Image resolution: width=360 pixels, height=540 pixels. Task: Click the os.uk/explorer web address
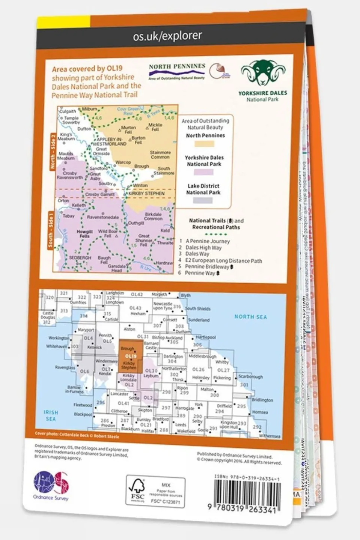point(167,36)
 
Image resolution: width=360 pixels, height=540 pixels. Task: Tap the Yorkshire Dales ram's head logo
point(263,73)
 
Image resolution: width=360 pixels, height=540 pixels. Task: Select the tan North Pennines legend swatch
point(204,144)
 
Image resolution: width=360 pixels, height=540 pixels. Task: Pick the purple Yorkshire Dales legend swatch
point(204,172)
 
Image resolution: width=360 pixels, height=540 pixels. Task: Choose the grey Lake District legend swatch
point(203,200)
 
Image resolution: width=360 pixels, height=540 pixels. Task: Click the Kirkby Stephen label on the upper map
point(146,193)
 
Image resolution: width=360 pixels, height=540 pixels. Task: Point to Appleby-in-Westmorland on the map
point(109,141)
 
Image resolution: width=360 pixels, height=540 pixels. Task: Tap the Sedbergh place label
point(80,258)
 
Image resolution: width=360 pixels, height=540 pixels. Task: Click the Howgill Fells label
point(84,234)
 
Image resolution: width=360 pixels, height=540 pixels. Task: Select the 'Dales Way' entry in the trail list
point(197,254)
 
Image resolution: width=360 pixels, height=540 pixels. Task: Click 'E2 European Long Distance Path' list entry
point(223,260)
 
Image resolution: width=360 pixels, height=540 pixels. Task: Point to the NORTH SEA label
point(250,317)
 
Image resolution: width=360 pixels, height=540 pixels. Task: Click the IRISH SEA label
point(50,415)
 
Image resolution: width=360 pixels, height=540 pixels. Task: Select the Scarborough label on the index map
point(250,376)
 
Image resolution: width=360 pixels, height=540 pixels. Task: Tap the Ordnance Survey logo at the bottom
point(51,486)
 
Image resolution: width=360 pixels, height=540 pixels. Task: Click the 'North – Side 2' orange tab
point(53,152)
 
